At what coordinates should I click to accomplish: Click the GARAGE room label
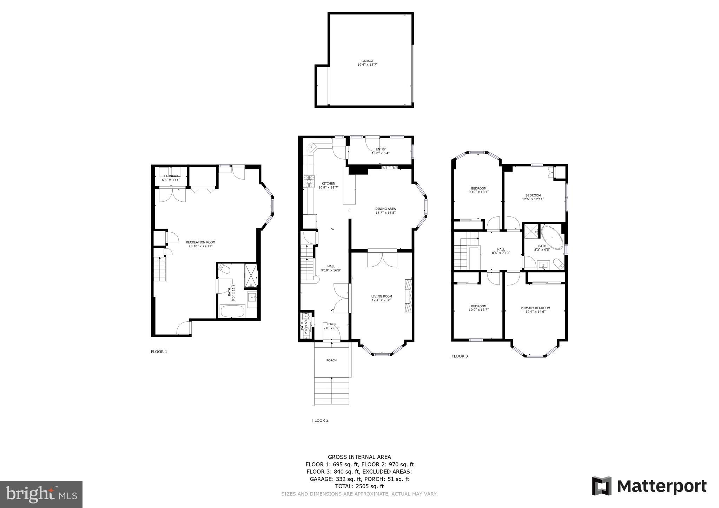[x=368, y=61]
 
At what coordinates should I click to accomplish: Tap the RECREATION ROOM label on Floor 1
[x=200, y=242]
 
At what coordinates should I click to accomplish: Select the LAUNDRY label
[x=171, y=176]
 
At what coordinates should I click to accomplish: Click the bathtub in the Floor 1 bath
[x=232, y=311]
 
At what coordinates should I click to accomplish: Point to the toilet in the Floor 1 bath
[x=224, y=269]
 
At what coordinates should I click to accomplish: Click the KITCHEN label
[x=328, y=183]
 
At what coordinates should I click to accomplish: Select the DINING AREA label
[x=385, y=209]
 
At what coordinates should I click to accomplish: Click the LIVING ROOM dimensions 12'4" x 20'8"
[x=382, y=300]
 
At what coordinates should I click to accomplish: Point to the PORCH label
[x=331, y=360]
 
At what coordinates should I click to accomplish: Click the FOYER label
[x=331, y=324]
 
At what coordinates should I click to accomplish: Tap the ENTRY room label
[x=381, y=149]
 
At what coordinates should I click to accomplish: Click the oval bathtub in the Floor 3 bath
[x=552, y=237]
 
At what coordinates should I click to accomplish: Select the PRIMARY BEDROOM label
[x=535, y=308]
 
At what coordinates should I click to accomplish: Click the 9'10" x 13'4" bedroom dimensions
[x=479, y=192]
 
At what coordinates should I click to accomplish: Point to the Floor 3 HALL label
[x=501, y=249]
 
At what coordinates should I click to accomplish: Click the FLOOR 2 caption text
[x=320, y=420]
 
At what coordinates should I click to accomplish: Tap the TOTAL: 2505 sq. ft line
[x=359, y=486]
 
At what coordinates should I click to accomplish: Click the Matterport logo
[x=649, y=486]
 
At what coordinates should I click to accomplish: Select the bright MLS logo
[x=41, y=494]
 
